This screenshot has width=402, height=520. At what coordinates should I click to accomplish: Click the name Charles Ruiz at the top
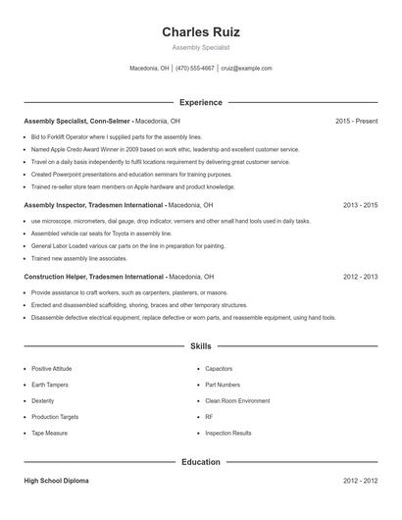(200, 31)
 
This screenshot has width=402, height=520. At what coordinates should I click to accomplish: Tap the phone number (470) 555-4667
(195, 69)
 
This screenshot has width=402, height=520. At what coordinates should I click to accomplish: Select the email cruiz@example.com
(246, 69)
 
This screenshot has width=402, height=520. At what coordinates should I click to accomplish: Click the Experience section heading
(200, 102)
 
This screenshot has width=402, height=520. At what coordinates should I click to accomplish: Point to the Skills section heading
(200, 346)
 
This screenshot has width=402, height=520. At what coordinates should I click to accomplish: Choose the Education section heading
(200, 462)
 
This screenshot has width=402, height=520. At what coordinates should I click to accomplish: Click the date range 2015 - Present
(356, 121)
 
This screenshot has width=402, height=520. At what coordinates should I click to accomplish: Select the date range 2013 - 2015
(360, 206)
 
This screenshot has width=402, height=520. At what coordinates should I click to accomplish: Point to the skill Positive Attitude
(52, 369)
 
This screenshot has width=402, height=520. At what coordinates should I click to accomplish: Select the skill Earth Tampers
(50, 385)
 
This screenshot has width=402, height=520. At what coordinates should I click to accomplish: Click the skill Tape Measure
(49, 433)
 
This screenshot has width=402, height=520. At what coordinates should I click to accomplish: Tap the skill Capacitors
(219, 369)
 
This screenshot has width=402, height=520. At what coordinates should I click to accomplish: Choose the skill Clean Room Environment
(237, 400)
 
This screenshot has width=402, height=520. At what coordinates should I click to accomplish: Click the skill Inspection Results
(228, 433)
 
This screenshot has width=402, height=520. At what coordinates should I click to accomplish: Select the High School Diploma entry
(56, 482)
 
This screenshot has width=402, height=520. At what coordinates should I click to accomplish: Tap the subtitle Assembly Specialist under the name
(200, 47)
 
